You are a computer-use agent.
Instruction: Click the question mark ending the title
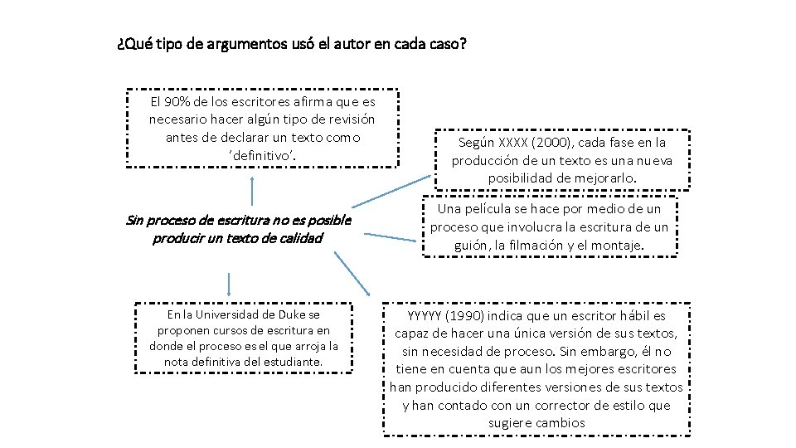tap(463, 43)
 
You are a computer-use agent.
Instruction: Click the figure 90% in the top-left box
tap(172, 102)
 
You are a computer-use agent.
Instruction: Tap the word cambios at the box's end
tap(561, 423)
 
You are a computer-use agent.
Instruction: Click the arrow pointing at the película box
tap(390, 237)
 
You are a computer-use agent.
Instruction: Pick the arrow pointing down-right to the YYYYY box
tap(355, 274)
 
